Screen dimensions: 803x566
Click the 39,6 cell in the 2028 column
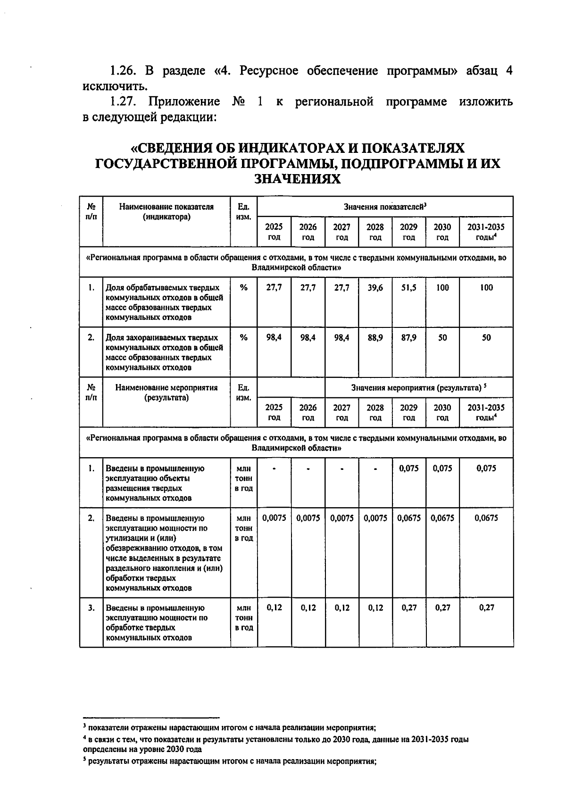tap(375, 288)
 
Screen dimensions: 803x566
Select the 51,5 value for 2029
tap(408, 288)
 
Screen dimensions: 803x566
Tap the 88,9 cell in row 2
tap(375, 338)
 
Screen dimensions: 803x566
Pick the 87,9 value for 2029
tap(408, 338)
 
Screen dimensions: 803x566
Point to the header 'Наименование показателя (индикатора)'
tap(166, 212)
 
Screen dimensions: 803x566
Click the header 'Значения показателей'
tap(385, 207)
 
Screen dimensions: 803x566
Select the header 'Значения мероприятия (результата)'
tap(418, 388)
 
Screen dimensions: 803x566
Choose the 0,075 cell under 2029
tap(408, 468)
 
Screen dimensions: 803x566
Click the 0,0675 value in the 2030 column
tap(442, 518)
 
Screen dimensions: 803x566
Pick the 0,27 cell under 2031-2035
tap(486, 608)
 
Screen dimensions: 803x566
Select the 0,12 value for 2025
tap(274, 608)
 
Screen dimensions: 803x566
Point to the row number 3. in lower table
tap(91, 608)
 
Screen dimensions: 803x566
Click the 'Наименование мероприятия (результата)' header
tap(166, 393)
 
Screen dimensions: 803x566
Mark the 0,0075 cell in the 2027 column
tap(341, 518)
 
